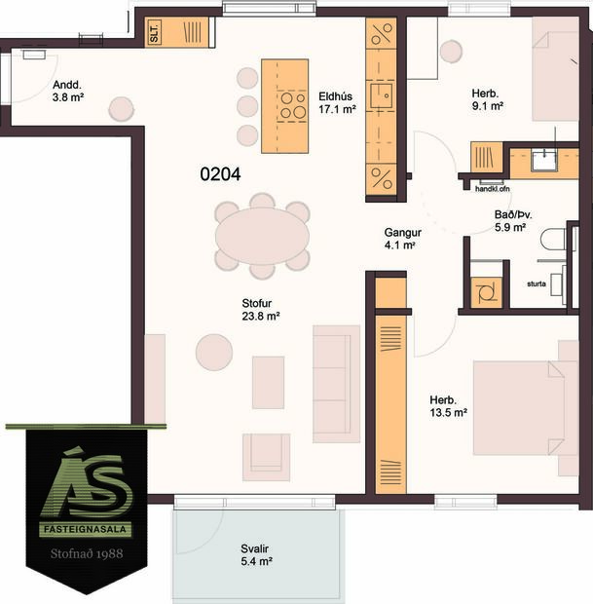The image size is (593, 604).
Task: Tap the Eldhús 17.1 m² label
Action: coord(335,103)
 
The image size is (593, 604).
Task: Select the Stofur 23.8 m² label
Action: coord(261,309)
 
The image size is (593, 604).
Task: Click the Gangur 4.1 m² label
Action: coord(400,239)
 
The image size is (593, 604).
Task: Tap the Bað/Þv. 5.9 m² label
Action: coord(510,221)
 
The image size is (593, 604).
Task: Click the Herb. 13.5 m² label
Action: coord(449,406)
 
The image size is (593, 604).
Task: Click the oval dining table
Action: coord(262,235)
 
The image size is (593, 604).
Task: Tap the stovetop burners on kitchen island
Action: coord(292,105)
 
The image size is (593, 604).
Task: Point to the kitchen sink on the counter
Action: coord(387,94)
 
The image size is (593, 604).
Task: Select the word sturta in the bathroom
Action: coord(536,285)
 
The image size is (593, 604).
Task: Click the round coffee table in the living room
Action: coord(213,351)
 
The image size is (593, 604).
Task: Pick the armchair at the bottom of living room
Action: coord(266,456)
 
